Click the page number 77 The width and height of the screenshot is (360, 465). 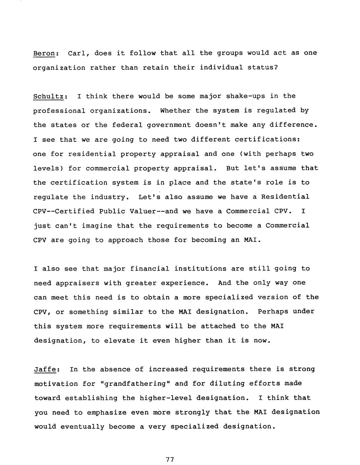(x=170, y=459)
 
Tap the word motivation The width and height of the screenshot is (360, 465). (x=56, y=383)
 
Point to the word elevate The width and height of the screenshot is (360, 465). (x=119, y=340)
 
